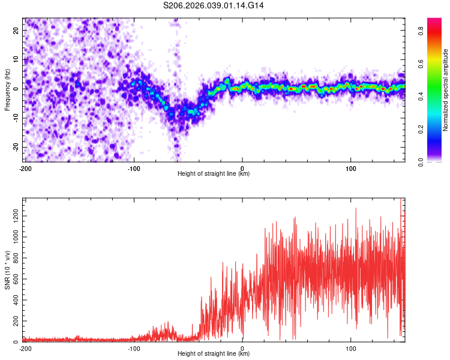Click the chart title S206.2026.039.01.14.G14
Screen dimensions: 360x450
point(214,5)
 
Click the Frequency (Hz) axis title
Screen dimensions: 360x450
point(7,90)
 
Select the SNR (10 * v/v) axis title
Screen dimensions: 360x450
point(7,271)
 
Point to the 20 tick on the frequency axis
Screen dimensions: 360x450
point(16,30)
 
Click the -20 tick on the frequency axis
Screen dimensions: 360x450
point(15,147)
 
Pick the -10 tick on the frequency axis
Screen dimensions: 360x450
point(15,118)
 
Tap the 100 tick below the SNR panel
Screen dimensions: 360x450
point(351,348)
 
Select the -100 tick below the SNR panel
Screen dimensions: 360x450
point(134,348)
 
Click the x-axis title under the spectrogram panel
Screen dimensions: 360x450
point(214,174)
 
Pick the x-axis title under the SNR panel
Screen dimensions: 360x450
point(214,353)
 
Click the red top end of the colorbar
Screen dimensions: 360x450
point(434,20)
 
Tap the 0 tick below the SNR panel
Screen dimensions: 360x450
point(242,348)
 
